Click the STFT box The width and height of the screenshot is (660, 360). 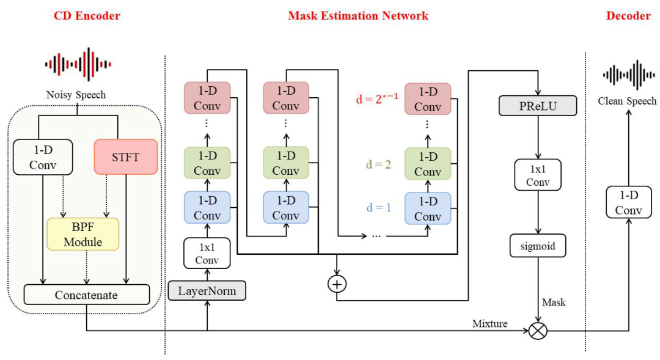[x=125, y=157]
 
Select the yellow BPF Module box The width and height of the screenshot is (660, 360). [x=82, y=234]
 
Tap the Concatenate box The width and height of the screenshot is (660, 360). [x=86, y=295]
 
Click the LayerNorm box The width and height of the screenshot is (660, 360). [x=207, y=290]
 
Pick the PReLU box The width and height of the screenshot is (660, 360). [x=537, y=105]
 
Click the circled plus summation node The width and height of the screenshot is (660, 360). [x=336, y=284]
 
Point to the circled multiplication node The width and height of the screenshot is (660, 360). [x=538, y=331]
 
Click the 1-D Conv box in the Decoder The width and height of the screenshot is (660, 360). [x=628, y=203]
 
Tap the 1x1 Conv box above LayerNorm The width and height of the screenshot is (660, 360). [x=207, y=253]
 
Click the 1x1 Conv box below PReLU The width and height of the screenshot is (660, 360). [x=537, y=175]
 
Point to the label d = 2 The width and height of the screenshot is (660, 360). [x=380, y=164]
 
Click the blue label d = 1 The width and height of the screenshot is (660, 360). [x=380, y=207]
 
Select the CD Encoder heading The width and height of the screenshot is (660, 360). [x=87, y=16]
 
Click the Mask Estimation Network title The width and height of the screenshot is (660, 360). [x=358, y=16]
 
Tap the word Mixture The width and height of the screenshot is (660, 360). [x=490, y=323]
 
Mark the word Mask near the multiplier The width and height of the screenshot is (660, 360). [x=554, y=302]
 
